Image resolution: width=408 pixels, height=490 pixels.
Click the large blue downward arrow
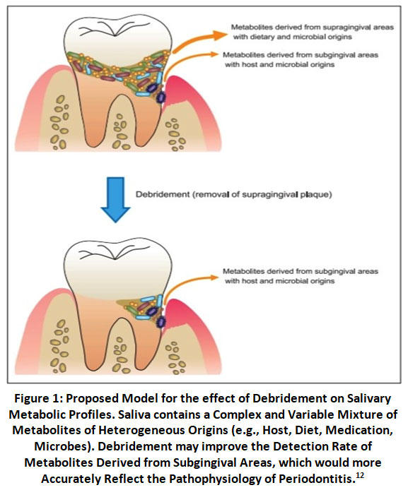coord(115,199)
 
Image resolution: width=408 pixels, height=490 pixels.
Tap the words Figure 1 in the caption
coord(36,398)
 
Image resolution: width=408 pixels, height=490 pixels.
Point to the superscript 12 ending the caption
coord(360,475)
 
